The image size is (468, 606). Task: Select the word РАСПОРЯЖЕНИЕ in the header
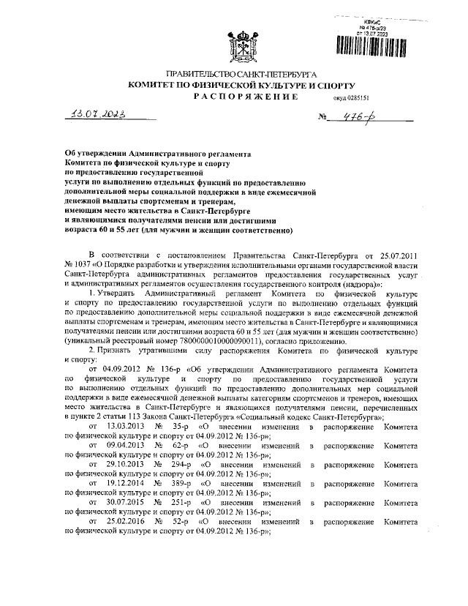241,97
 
